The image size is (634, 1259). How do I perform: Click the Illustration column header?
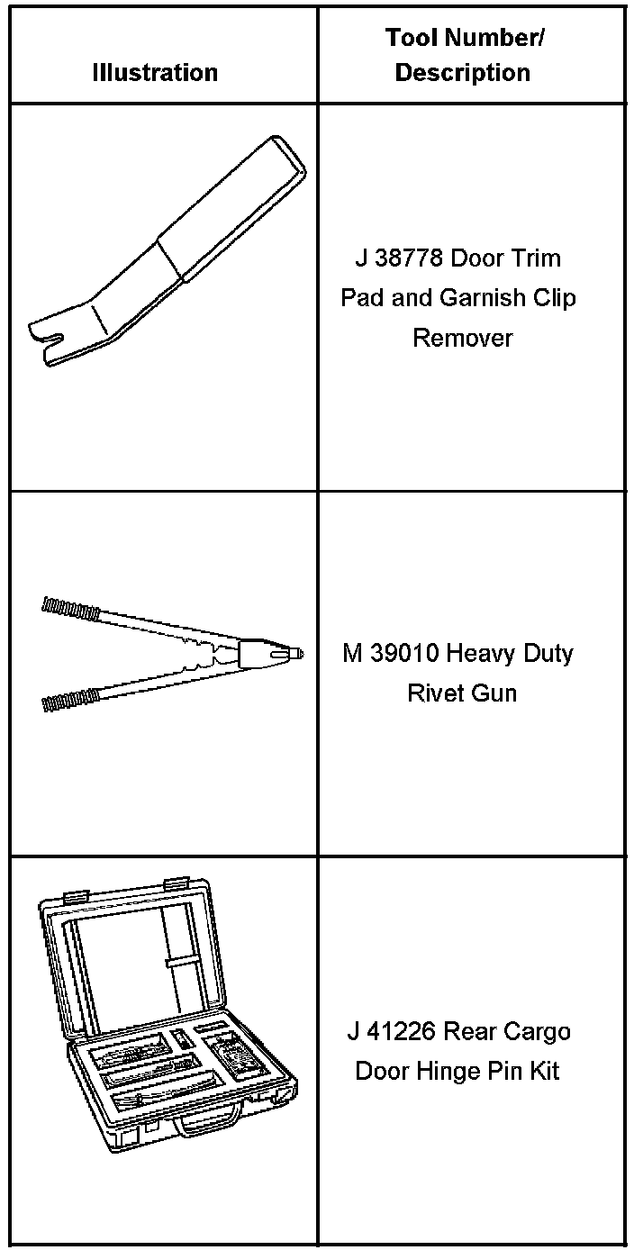[x=155, y=72]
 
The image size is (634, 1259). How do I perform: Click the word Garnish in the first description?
[x=484, y=297]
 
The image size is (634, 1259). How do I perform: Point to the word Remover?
[x=462, y=338]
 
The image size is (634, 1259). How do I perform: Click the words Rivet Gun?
[x=462, y=693]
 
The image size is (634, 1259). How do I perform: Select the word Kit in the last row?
[x=542, y=1071]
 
